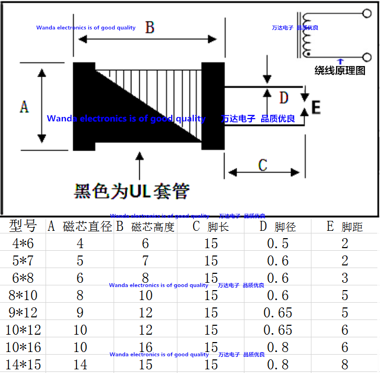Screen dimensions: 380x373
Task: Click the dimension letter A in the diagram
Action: (24, 106)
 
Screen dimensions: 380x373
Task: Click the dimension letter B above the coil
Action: (150, 28)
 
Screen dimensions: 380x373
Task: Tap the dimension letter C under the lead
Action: (263, 165)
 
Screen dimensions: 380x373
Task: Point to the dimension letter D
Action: (283, 98)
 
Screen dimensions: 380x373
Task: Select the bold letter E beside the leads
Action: (316, 108)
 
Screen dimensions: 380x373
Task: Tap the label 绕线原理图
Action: (340, 70)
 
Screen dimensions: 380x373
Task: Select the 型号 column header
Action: (24, 226)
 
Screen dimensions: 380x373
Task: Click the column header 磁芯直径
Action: (87, 227)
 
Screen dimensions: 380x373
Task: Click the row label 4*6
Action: (23, 243)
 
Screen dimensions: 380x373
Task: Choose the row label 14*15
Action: (23, 364)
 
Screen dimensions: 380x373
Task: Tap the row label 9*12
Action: (23, 313)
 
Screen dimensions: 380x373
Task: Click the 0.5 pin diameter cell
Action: (277, 243)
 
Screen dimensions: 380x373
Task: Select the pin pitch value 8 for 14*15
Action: (345, 364)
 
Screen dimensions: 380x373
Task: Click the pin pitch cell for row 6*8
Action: (345, 278)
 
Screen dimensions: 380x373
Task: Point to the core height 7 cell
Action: (146, 261)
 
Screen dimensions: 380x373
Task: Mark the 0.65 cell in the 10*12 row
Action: (277, 330)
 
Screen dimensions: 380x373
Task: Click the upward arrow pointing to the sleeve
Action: (139, 167)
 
